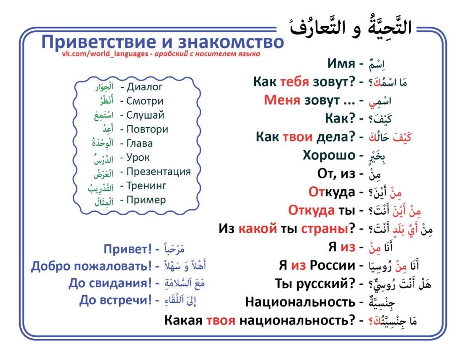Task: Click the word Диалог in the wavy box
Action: point(144,87)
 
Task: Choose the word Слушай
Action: point(145,115)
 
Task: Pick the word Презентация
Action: point(158,172)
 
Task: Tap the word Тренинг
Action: point(146,186)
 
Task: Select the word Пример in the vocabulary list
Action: point(146,200)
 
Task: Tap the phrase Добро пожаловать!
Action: point(91,266)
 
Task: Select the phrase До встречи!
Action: point(115,300)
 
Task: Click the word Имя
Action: point(341,64)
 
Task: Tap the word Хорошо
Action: point(329,155)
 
